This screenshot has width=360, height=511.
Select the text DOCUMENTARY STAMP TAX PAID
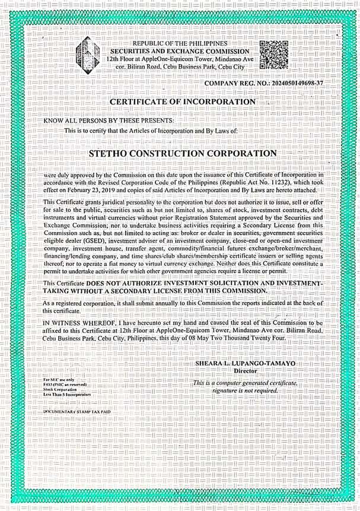click(x=77, y=411)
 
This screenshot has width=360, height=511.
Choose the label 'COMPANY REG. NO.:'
click(x=236, y=84)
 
